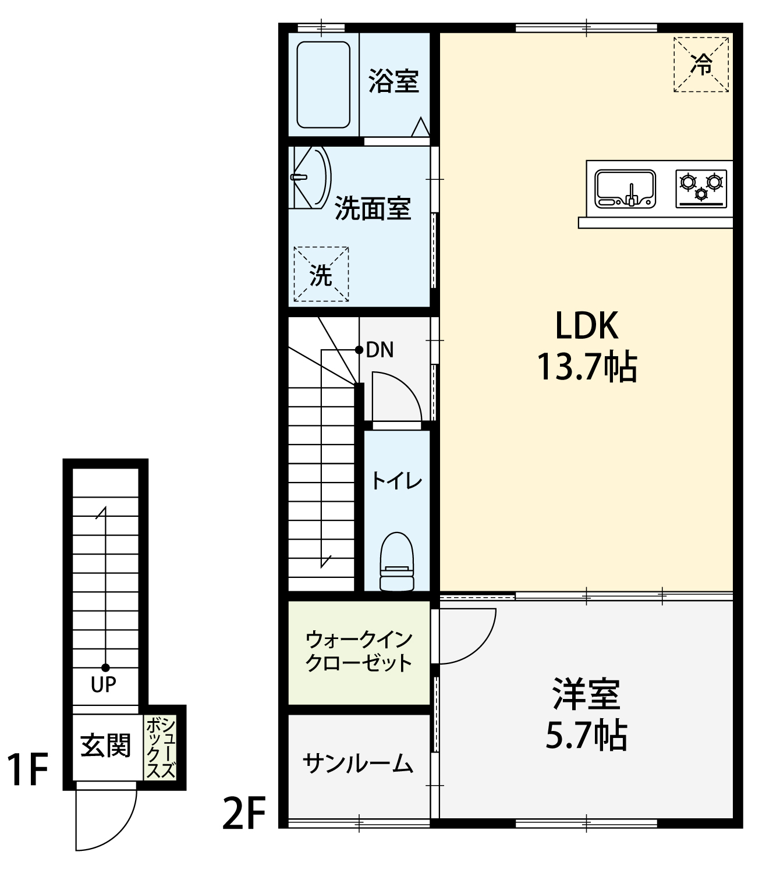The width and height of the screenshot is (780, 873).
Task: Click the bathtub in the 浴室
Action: pos(323,85)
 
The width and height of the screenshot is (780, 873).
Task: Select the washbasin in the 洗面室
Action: pos(310,178)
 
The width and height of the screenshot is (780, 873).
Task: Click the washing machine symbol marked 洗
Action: pos(321,274)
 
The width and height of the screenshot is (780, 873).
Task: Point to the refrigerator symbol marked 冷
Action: pos(701,65)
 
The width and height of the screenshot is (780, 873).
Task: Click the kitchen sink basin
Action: pos(625,189)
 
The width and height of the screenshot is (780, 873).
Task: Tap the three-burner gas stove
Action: pos(701,189)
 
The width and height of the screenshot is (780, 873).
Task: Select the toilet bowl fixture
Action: pos(396,562)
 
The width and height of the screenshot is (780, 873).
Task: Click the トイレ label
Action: pos(396,481)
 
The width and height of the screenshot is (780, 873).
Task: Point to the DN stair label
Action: pos(380,350)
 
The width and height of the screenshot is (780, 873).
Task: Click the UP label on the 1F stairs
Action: pos(104,684)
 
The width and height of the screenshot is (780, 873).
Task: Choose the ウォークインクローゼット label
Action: pos(359,651)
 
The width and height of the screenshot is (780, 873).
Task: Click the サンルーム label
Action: pos(358,763)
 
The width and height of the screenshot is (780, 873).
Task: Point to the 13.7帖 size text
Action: pos(587,367)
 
